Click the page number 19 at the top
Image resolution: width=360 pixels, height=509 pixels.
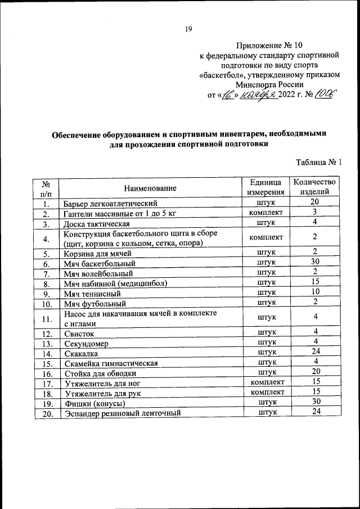188,30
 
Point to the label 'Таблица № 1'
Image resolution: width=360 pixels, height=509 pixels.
319,163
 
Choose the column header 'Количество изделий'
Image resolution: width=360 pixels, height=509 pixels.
315,187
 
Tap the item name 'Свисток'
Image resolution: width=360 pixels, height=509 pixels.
79,334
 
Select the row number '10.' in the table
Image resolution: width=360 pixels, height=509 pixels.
47,304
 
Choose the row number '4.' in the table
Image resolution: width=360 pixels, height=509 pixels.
47,239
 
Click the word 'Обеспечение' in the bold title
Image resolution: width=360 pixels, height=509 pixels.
76,134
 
